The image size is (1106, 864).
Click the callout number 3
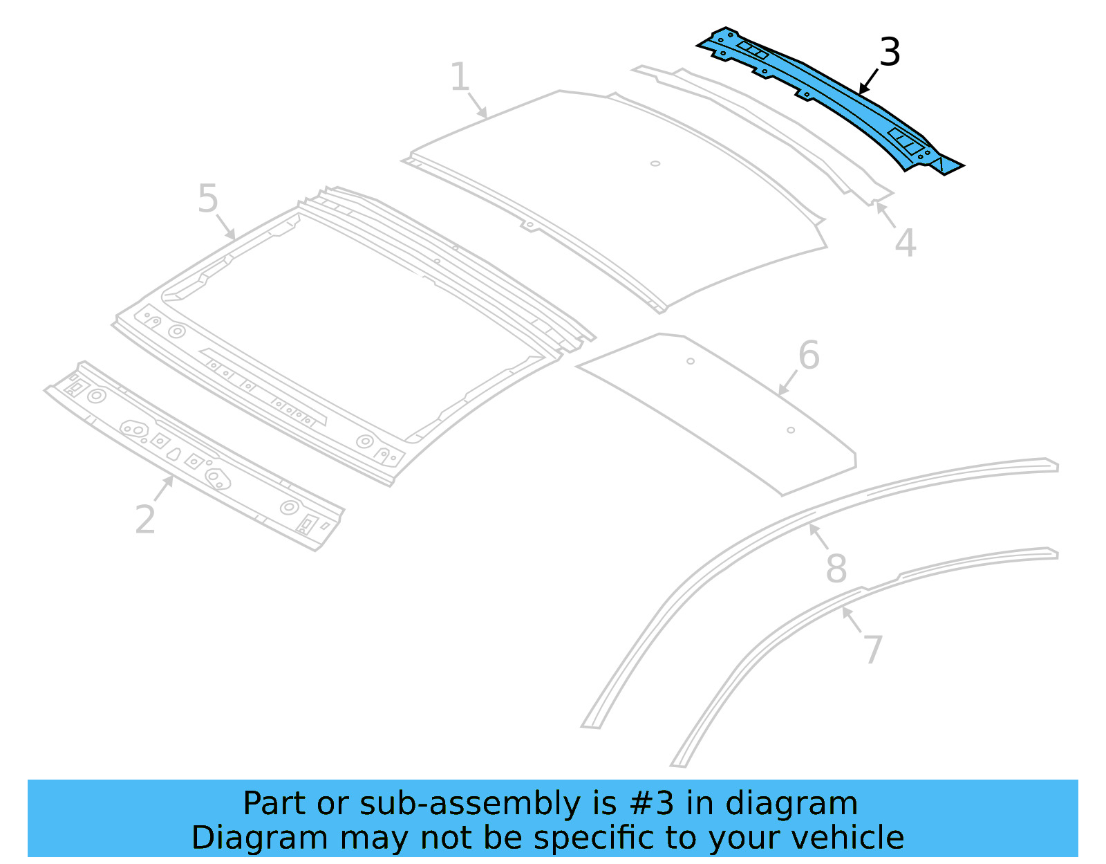(890, 53)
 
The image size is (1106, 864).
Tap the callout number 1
(460, 77)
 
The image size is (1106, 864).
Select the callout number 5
(207, 199)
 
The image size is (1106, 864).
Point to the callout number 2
(145, 520)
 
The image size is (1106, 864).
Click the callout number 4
(906, 243)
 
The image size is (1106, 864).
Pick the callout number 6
(809, 356)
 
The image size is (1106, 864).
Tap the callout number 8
(836, 569)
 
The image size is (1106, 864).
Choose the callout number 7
(873, 650)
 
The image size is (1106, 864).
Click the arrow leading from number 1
(478, 105)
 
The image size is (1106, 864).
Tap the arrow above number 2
(163, 488)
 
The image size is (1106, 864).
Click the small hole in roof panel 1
(655, 164)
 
